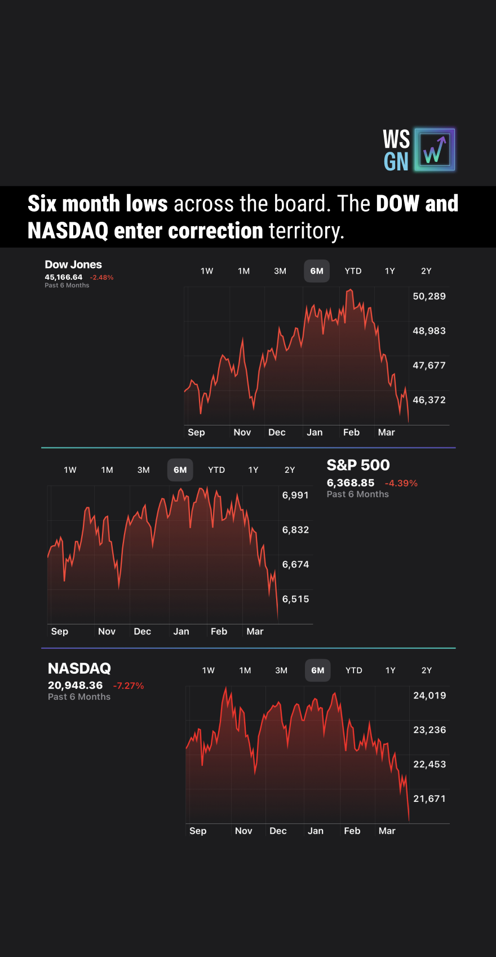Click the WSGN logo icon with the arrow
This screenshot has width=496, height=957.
click(435, 150)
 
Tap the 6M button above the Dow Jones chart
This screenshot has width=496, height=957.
click(317, 271)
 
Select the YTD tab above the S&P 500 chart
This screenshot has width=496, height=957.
click(216, 470)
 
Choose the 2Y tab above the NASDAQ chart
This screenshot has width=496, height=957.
click(427, 670)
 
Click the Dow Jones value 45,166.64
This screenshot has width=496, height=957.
click(64, 277)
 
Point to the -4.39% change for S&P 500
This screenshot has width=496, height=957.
click(401, 483)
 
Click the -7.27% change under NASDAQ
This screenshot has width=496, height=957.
click(129, 686)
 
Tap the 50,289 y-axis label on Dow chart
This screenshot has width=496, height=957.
click(429, 296)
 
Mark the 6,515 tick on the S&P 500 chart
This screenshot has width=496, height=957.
click(295, 599)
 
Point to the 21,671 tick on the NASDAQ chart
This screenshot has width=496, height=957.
click(429, 798)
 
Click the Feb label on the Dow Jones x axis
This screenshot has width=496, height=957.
click(351, 432)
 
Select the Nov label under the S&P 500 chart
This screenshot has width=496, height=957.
click(107, 631)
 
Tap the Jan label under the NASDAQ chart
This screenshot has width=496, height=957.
click(316, 831)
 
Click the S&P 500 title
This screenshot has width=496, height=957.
click(358, 465)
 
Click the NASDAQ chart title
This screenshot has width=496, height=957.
click(79, 669)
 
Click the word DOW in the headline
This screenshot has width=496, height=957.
click(397, 204)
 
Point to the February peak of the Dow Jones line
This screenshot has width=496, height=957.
click(350, 290)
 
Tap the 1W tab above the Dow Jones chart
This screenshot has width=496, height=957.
click(207, 271)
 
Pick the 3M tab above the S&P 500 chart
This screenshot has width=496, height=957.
click(144, 470)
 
